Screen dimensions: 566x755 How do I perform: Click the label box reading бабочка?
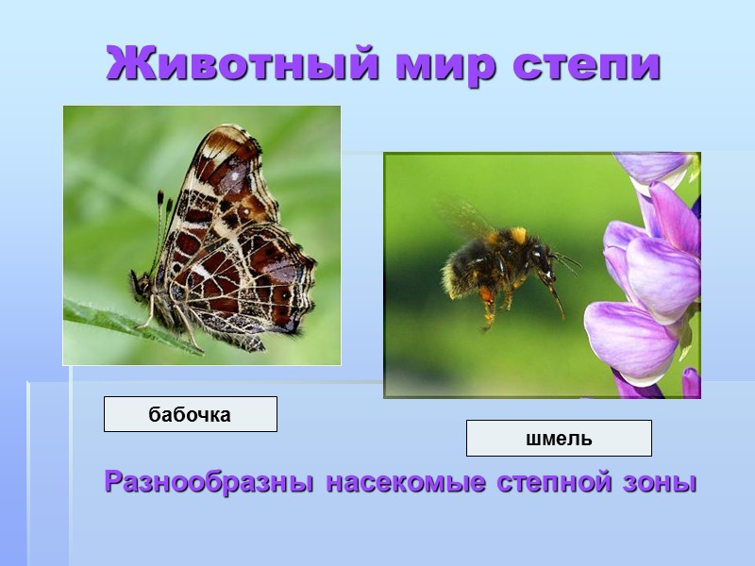tap(190, 414)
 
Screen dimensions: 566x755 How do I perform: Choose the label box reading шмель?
tap(559, 439)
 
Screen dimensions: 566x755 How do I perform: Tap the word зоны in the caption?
tap(662, 482)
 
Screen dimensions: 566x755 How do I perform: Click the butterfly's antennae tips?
tap(162, 198)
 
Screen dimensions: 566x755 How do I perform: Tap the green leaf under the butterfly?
tap(104, 319)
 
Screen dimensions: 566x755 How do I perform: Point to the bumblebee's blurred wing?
tap(462, 215)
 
